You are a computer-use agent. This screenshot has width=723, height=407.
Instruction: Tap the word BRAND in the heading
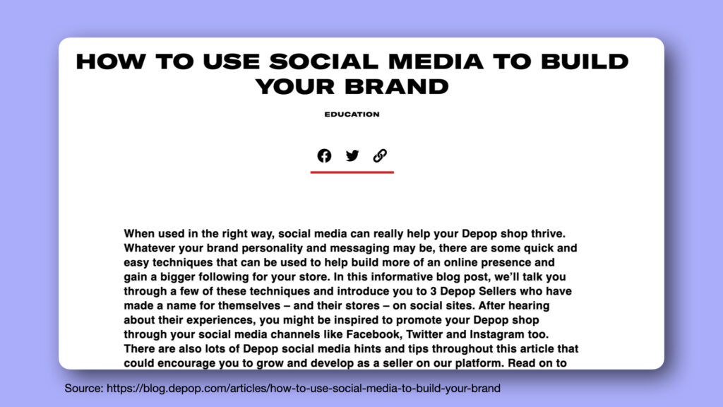click(x=397, y=87)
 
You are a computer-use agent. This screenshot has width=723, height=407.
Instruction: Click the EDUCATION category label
click(x=352, y=114)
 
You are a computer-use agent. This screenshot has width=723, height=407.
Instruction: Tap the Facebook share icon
click(x=324, y=155)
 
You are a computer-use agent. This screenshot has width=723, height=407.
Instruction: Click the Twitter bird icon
click(x=352, y=155)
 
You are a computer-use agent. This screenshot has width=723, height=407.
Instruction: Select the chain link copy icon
click(x=380, y=155)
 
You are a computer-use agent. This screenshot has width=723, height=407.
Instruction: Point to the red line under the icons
click(x=352, y=172)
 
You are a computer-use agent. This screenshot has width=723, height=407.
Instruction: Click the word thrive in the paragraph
click(x=547, y=233)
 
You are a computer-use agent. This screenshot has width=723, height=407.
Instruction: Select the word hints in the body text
click(x=367, y=349)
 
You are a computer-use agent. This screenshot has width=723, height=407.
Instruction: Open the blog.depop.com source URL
click(x=304, y=389)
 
